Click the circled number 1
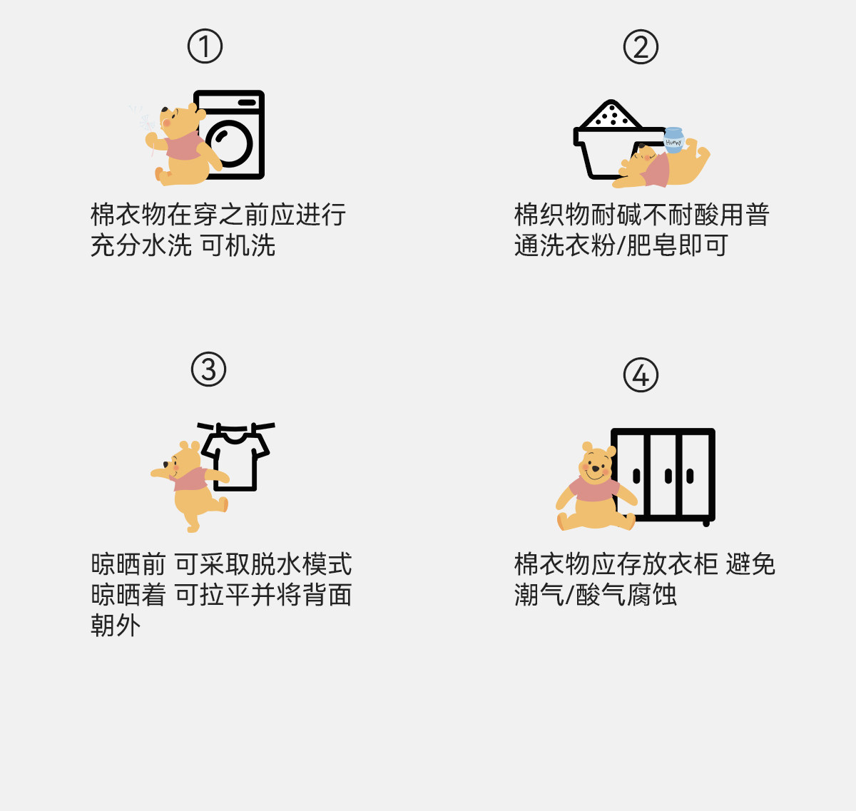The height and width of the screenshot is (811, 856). (x=205, y=46)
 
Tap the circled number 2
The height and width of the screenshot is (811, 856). (x=641, y=47)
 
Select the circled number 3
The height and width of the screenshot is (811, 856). (x=208, y=369)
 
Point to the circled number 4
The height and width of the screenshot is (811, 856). (x=641, y=375)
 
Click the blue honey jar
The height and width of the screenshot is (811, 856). (x=673, y=140)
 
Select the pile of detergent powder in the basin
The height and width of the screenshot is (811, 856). (x=611, y=115)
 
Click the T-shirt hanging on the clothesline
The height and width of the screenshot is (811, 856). (x=236, y=459)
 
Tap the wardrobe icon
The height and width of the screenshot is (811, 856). (x=663, y=474)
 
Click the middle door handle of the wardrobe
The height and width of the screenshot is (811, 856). (x=668, y=476)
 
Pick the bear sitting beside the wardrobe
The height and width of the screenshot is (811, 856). (x=595, y=489)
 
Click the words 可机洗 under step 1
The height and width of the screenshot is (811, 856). (x=238, y=246)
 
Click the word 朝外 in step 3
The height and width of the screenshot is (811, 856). (x=116, y=626)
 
